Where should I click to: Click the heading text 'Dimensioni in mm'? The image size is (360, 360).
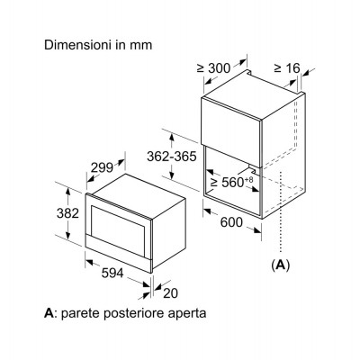tap(98, 45)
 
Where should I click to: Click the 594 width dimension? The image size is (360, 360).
tap(112, 273)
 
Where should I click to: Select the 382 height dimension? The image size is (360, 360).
tap(67, 213)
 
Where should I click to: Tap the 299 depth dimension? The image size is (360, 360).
tap(102, 167)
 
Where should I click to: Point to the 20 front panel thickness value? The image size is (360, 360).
tap(170, 293)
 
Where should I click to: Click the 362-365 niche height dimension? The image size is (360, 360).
tap(172, 157)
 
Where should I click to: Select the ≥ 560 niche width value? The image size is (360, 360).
tap(228, 182)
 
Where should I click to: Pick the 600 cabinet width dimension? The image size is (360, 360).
tap(231, 222)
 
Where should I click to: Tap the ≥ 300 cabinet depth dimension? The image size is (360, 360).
tap(213, 68)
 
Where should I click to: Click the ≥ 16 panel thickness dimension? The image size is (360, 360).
tap(287, 68)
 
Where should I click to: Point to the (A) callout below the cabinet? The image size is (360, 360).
tap(281, 265)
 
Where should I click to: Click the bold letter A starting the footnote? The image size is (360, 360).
tap(49, 313)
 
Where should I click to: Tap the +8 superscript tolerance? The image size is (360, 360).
tap(249, 179)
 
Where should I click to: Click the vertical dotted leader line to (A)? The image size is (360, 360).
tap(281, 212)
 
